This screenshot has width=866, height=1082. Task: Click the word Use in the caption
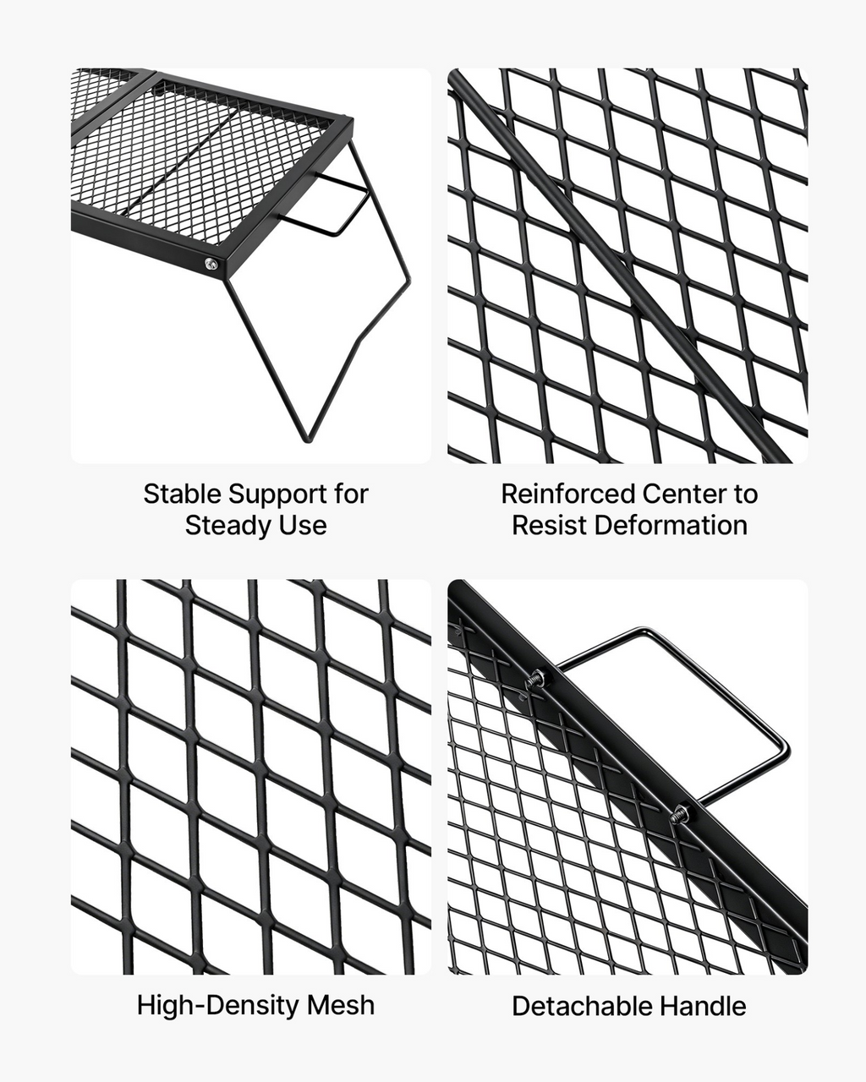click(304, 526)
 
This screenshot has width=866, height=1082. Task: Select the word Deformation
click(671, 526)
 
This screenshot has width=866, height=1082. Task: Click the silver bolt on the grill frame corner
click(211, 264)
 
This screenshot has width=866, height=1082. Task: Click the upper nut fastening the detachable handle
click(536, 679)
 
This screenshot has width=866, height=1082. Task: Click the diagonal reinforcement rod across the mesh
click(618, 266)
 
